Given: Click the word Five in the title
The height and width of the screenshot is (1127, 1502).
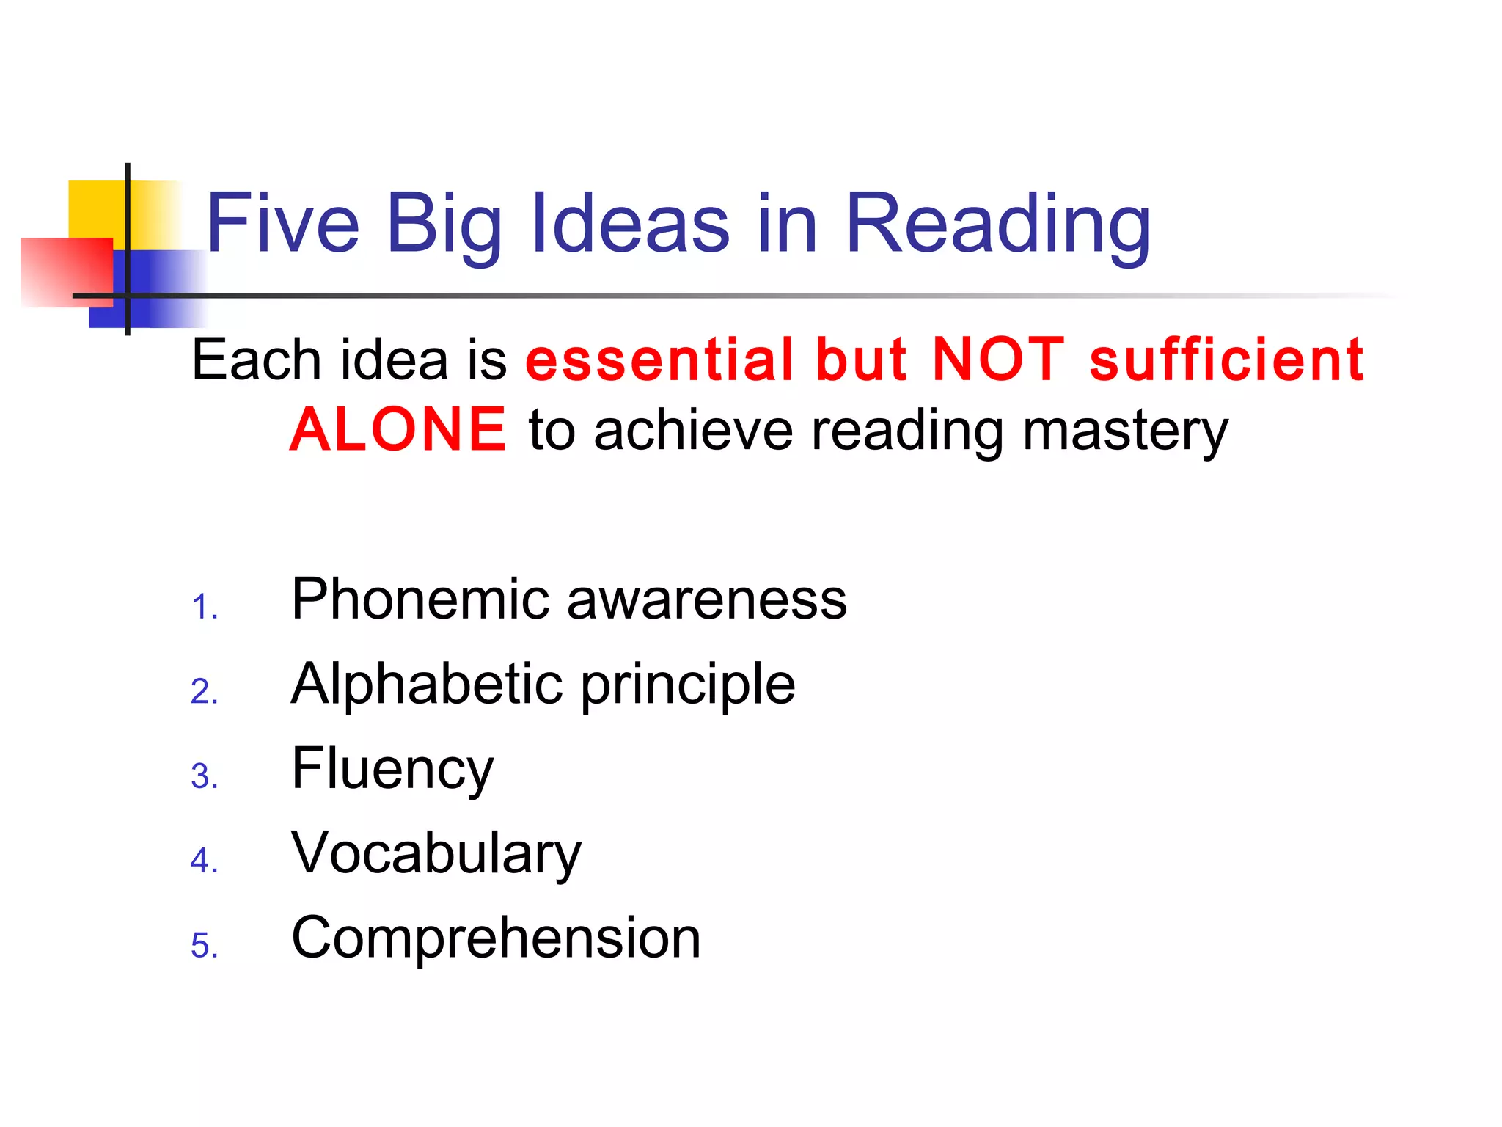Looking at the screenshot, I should tap(283, 223).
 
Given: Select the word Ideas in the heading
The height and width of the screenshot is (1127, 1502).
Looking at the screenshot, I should tap(630, 223).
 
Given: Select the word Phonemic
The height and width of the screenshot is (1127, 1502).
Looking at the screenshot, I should tap(420, 599).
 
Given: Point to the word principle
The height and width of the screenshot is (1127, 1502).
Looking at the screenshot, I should tap(688, 687).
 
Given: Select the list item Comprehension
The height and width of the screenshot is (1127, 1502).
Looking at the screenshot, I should tap(496, 939).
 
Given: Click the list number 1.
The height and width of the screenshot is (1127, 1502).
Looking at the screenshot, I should tap(203, 608).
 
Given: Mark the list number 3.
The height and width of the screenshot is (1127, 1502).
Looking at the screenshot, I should tap(203, 777).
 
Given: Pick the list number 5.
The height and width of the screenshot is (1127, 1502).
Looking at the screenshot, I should tap(203, 946).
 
